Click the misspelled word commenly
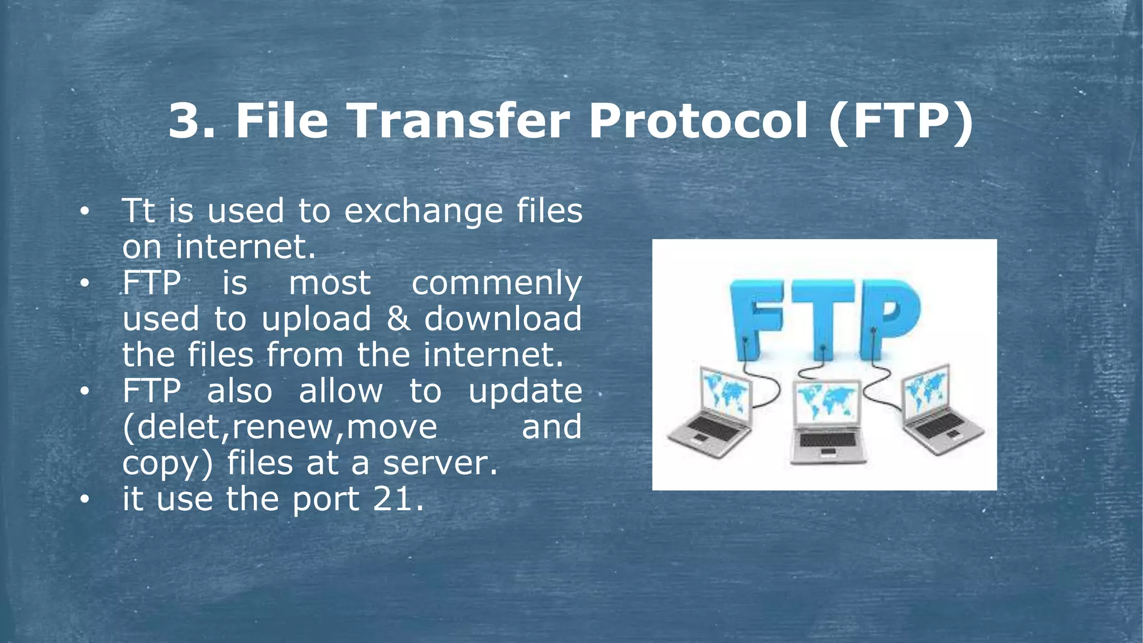tap(497, 284)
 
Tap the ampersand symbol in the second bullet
tap(397, 319)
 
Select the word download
tap(503, 319)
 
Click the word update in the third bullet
tap(525, 392)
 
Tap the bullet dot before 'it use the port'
tap(84, 499)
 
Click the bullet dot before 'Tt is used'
tap(84, 212)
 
